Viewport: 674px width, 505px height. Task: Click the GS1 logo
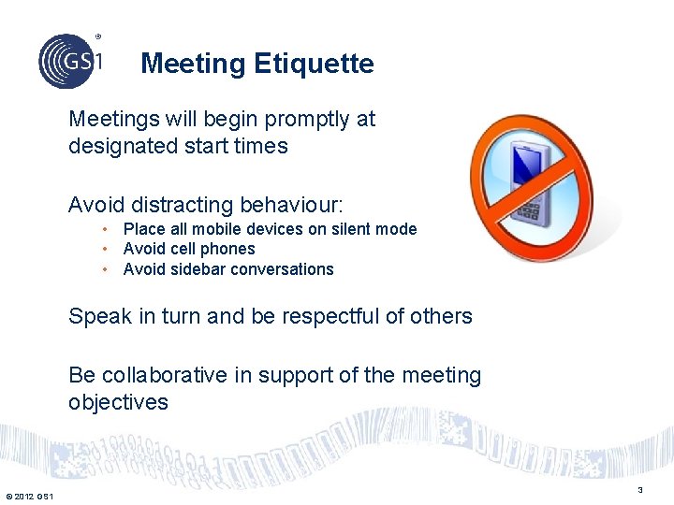[x=70, y=61]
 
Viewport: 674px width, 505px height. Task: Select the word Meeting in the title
[x=193, y=64]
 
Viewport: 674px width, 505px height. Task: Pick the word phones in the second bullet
[x=230, y=249]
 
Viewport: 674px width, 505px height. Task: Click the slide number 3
[x=640, y=490]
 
